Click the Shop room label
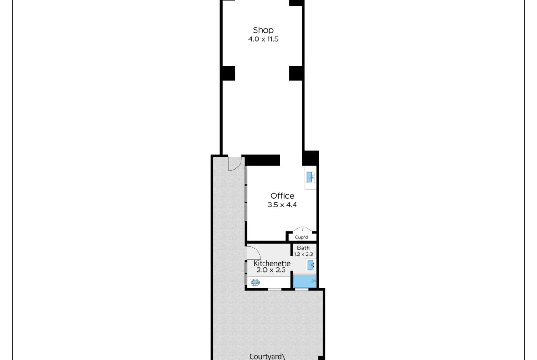[x=263, y=30]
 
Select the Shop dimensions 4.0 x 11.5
[x=263, y=39]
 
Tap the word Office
[x=282, y=196]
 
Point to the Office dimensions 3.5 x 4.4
[x=282, y=205]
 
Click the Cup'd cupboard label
[x=302, y=237]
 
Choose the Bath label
[x=303, y=248]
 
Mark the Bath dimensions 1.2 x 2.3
[x=303, y=254]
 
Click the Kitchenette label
[x=272, y=264]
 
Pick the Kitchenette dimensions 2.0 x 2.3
[x=271, y=270]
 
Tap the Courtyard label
[x=267, y=357]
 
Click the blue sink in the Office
[x=310, y=177]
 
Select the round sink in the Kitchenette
[x=255, y=282]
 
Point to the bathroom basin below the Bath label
[x=310, y=265]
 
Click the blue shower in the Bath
[x=304, y=281]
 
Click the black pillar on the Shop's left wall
[x=229, y=73]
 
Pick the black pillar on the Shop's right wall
[x=296, y=73]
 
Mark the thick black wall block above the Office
[x=262, y=160]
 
